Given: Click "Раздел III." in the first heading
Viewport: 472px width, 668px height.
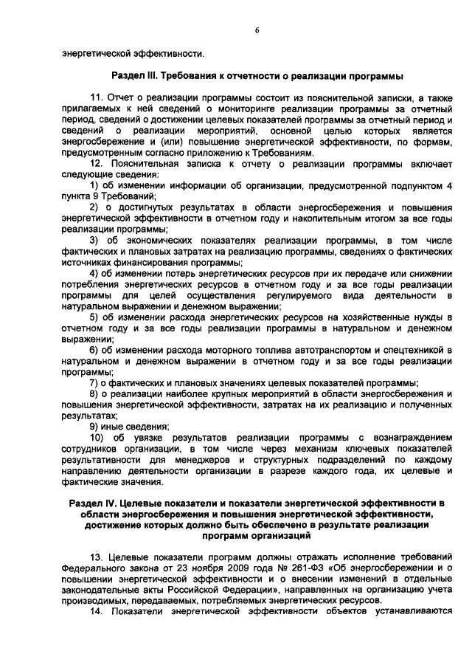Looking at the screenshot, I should tap(138, 76).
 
